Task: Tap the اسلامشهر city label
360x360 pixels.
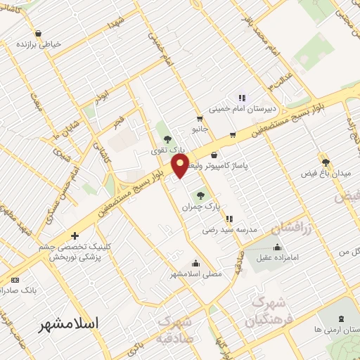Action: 68,323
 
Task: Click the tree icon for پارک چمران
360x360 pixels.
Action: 202,195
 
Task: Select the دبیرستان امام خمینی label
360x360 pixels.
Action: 271,109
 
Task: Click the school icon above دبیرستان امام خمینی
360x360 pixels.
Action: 242,98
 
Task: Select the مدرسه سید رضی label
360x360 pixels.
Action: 230,229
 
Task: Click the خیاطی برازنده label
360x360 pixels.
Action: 39,44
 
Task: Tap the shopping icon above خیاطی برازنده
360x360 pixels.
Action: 38,32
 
